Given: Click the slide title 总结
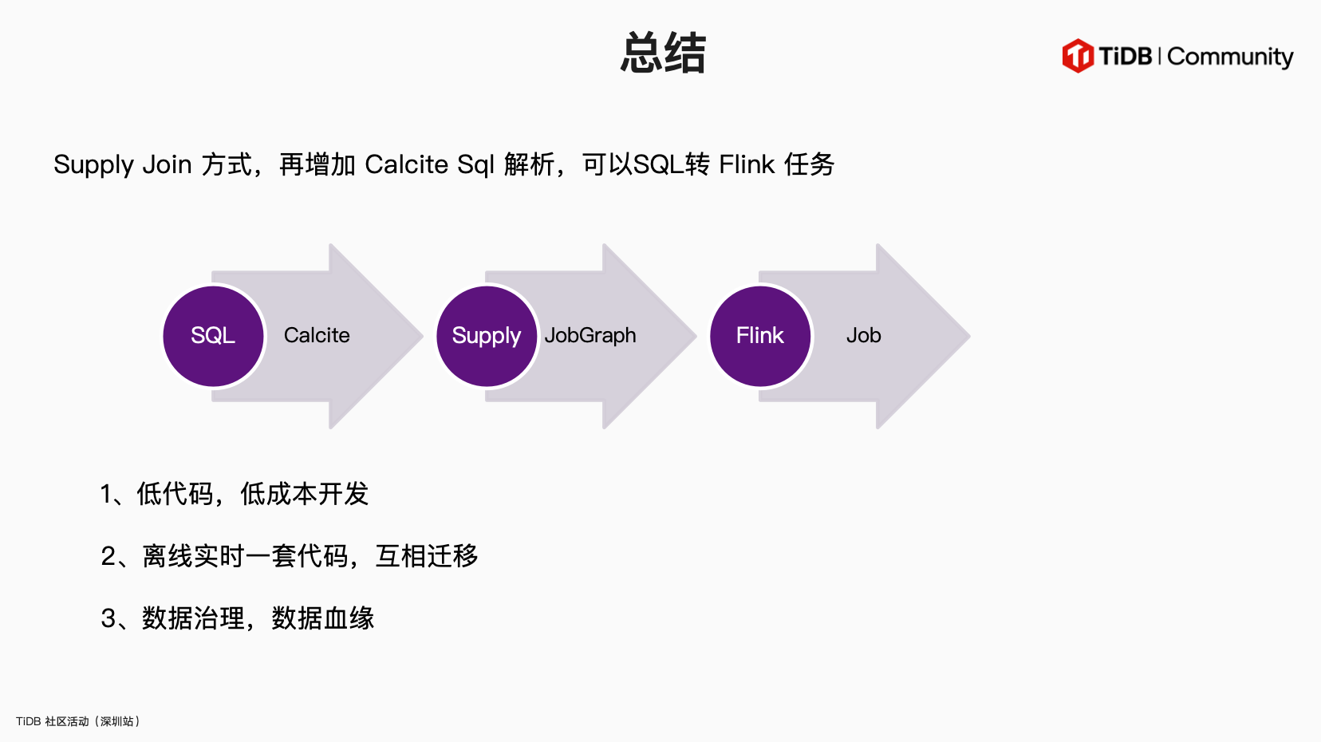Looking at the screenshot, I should pyautogui.click(x=663, y=53).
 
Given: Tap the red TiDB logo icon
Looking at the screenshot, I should pyautogui.click(x=1078, y=56).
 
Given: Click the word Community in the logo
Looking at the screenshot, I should pyautogui.click(x=1229, y=57).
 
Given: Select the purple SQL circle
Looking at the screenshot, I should pyautogui.click(x=213, y=336).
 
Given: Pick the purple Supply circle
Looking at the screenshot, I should pyautogui.click(x=487, y=336).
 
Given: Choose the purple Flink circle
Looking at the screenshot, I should pyautogui.click(x=760, y=336).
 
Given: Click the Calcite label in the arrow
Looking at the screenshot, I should pyautogui.click(x=317, y=335).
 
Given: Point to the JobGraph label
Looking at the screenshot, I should pyautogui.click(x=590, y=335).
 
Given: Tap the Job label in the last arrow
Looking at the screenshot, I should pyautogui.click(x=863, y=335).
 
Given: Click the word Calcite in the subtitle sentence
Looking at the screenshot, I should pyautogui.click(x=406, y=164).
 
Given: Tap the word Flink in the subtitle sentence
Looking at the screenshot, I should pyautogui.click(x=747, y=164).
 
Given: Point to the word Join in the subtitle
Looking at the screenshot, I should pyautogui.click(x=167, y=164).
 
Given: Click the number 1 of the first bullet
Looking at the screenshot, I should pyautogui.click(x=107, y=495).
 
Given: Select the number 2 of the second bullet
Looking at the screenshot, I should pyautogui.click(x=108, y=556).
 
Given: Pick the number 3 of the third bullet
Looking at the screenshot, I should pyautogui.click(x=108, y=618).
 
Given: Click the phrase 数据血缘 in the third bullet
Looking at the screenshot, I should pyautogui.click(x=323, y=618).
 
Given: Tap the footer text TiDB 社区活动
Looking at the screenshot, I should pyautogui.click(x=53, y=721).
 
